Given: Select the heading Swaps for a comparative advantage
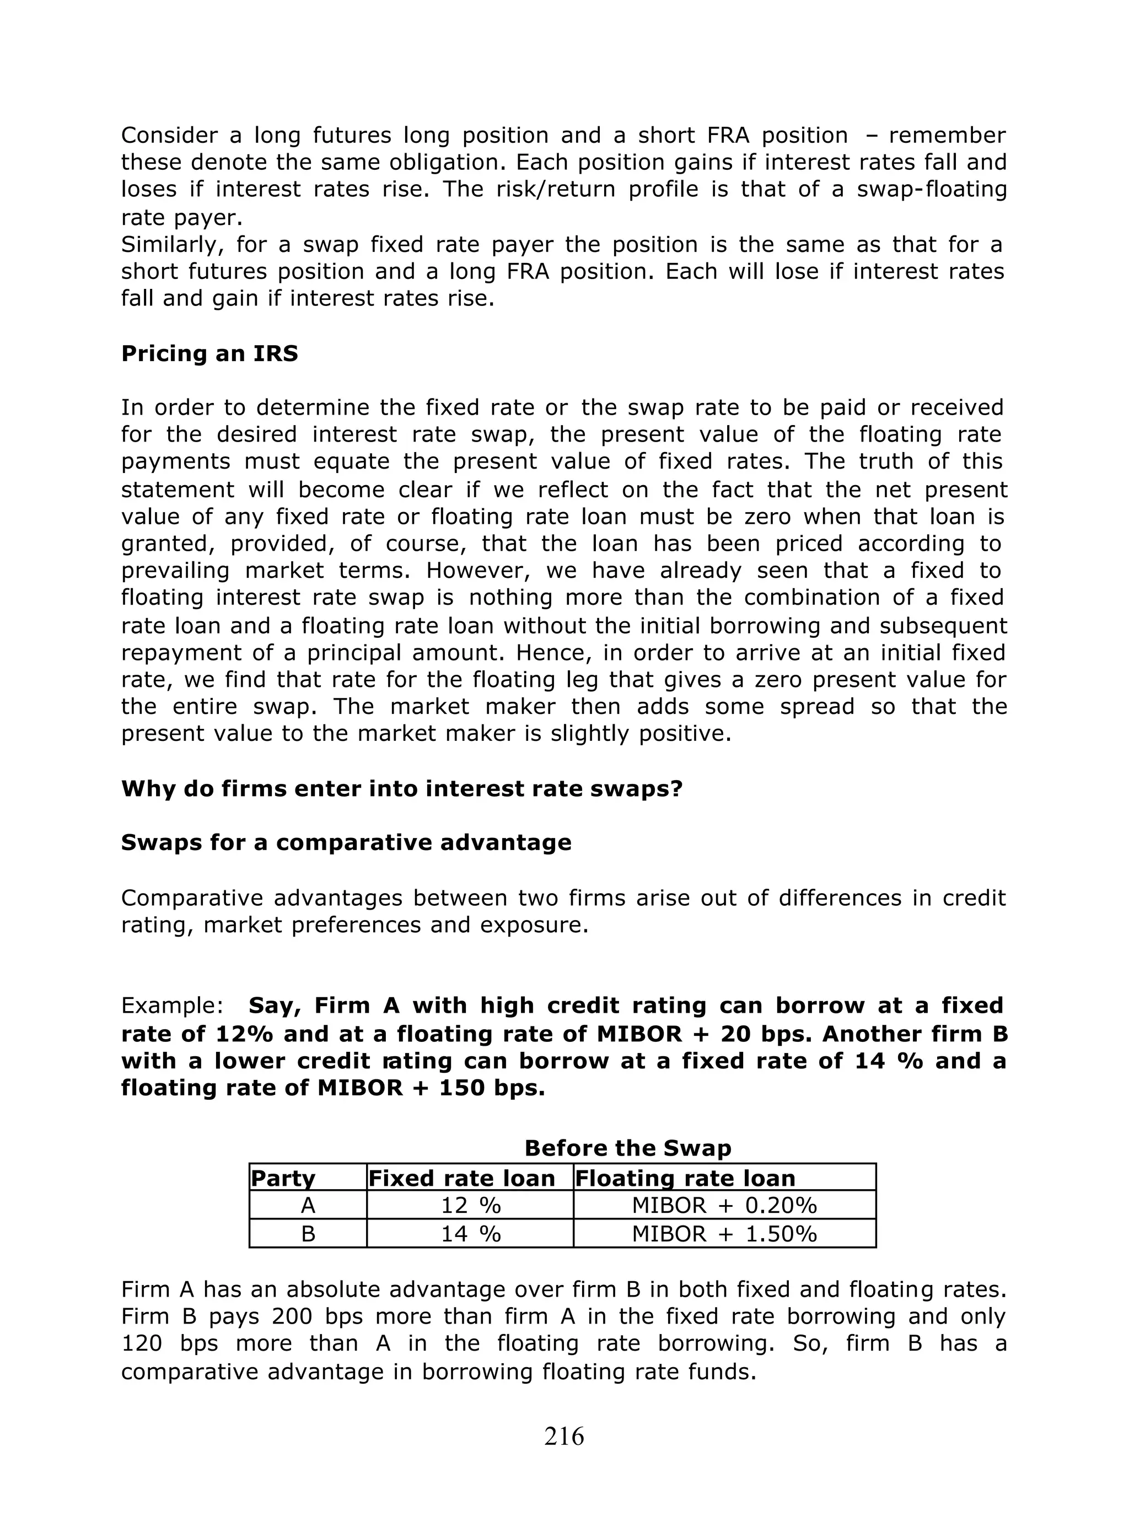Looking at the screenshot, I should pyautogui.click(x=346, y=842).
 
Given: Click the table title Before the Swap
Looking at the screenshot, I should pyautogui.click(x=627, y=1147).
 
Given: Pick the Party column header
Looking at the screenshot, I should pyautogui.click(x=283, y=1178).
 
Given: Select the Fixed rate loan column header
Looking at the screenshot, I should pyautogui.click(x=462, y=1178).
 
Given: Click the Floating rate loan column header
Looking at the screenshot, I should pyautogui.click(x=685, y=1178).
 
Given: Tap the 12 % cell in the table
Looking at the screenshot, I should pyautogui.click(x=470, y=1206).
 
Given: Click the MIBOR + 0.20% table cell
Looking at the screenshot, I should pyautogui.click(x=724, y=1206).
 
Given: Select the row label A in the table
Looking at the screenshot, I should pyautogui.click(x=308, y=1206).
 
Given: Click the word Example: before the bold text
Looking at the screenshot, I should pyautogui.click(x=172, y=1006).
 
